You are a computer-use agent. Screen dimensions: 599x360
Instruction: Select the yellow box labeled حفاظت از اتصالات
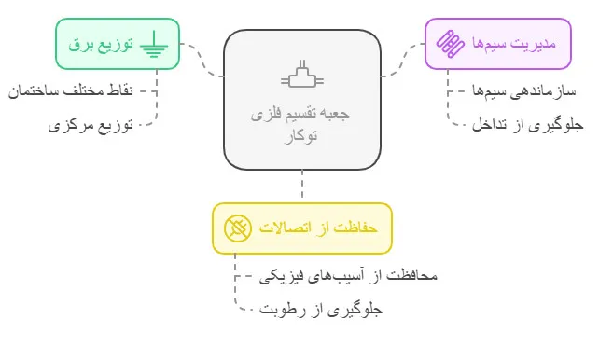point(301,228)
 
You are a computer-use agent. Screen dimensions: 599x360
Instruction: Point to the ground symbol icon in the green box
point(154,44)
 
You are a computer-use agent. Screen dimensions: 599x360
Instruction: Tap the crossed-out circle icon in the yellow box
point(237,228)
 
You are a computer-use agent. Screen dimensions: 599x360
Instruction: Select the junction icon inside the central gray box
point(301,74)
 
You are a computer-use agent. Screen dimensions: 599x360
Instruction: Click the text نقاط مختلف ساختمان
point(71,91)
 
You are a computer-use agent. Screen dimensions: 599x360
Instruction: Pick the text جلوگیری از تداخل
point(528,124)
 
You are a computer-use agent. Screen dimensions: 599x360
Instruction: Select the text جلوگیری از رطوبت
point(320,309)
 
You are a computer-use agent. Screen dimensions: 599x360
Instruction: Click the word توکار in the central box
point(300,136)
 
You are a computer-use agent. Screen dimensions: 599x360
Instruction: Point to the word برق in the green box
point(81,44)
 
